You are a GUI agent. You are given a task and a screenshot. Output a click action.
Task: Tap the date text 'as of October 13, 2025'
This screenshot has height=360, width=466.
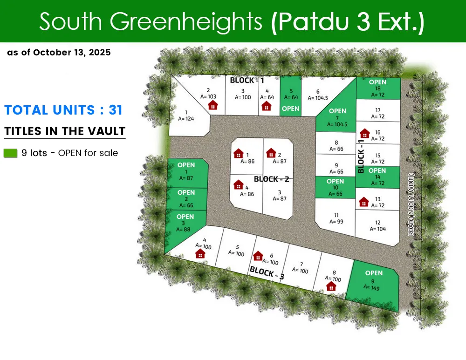[59, 53]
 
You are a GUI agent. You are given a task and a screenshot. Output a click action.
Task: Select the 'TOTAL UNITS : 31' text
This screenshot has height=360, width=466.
[63, 110]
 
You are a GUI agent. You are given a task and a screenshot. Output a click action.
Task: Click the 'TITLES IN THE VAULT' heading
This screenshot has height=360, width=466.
[65, 131]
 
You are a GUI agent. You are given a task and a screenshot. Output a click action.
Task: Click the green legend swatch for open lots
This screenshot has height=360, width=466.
[10, 153]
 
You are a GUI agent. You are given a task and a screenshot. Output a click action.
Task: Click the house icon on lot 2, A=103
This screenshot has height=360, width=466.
[212, 105]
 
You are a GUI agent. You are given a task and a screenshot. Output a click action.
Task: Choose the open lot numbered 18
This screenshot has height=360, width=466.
[378, 88]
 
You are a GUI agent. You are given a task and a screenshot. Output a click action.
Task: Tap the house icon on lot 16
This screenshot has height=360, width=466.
[365, 134]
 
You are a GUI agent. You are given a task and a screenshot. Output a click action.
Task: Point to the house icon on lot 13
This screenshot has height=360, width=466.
[364, 202]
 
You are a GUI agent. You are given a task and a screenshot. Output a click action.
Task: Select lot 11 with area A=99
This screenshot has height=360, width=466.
[336, 218]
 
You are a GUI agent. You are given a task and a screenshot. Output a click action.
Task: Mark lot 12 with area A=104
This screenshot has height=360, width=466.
[377, 226]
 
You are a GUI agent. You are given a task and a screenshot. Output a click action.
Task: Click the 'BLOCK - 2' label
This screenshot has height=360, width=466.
[272, 179]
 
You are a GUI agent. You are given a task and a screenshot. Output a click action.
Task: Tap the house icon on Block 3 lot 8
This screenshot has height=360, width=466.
[331, 286]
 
